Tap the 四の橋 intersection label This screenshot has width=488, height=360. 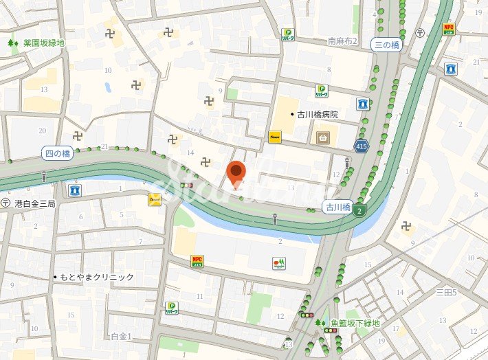coord(56,153)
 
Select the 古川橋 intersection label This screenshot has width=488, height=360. coord(337,207)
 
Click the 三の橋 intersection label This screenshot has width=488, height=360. coord(386,45)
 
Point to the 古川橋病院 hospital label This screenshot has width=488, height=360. coord(317,115)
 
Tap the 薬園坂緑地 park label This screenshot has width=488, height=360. coord(43,43)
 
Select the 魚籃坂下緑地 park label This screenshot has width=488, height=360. coord(355,323)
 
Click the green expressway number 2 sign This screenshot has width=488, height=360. coord(359,210)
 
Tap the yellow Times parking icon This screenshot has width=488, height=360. coord(275,137)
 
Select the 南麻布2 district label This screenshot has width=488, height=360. coord(342,41)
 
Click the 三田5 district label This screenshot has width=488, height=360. coord(446,292)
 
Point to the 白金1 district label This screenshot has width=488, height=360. coord(121,336)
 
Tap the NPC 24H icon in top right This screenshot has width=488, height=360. coord(449,29)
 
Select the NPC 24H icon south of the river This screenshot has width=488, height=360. coord(197,260)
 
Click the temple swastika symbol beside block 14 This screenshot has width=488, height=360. coord(204,162)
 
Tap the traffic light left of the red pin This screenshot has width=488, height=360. coord(186,185)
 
